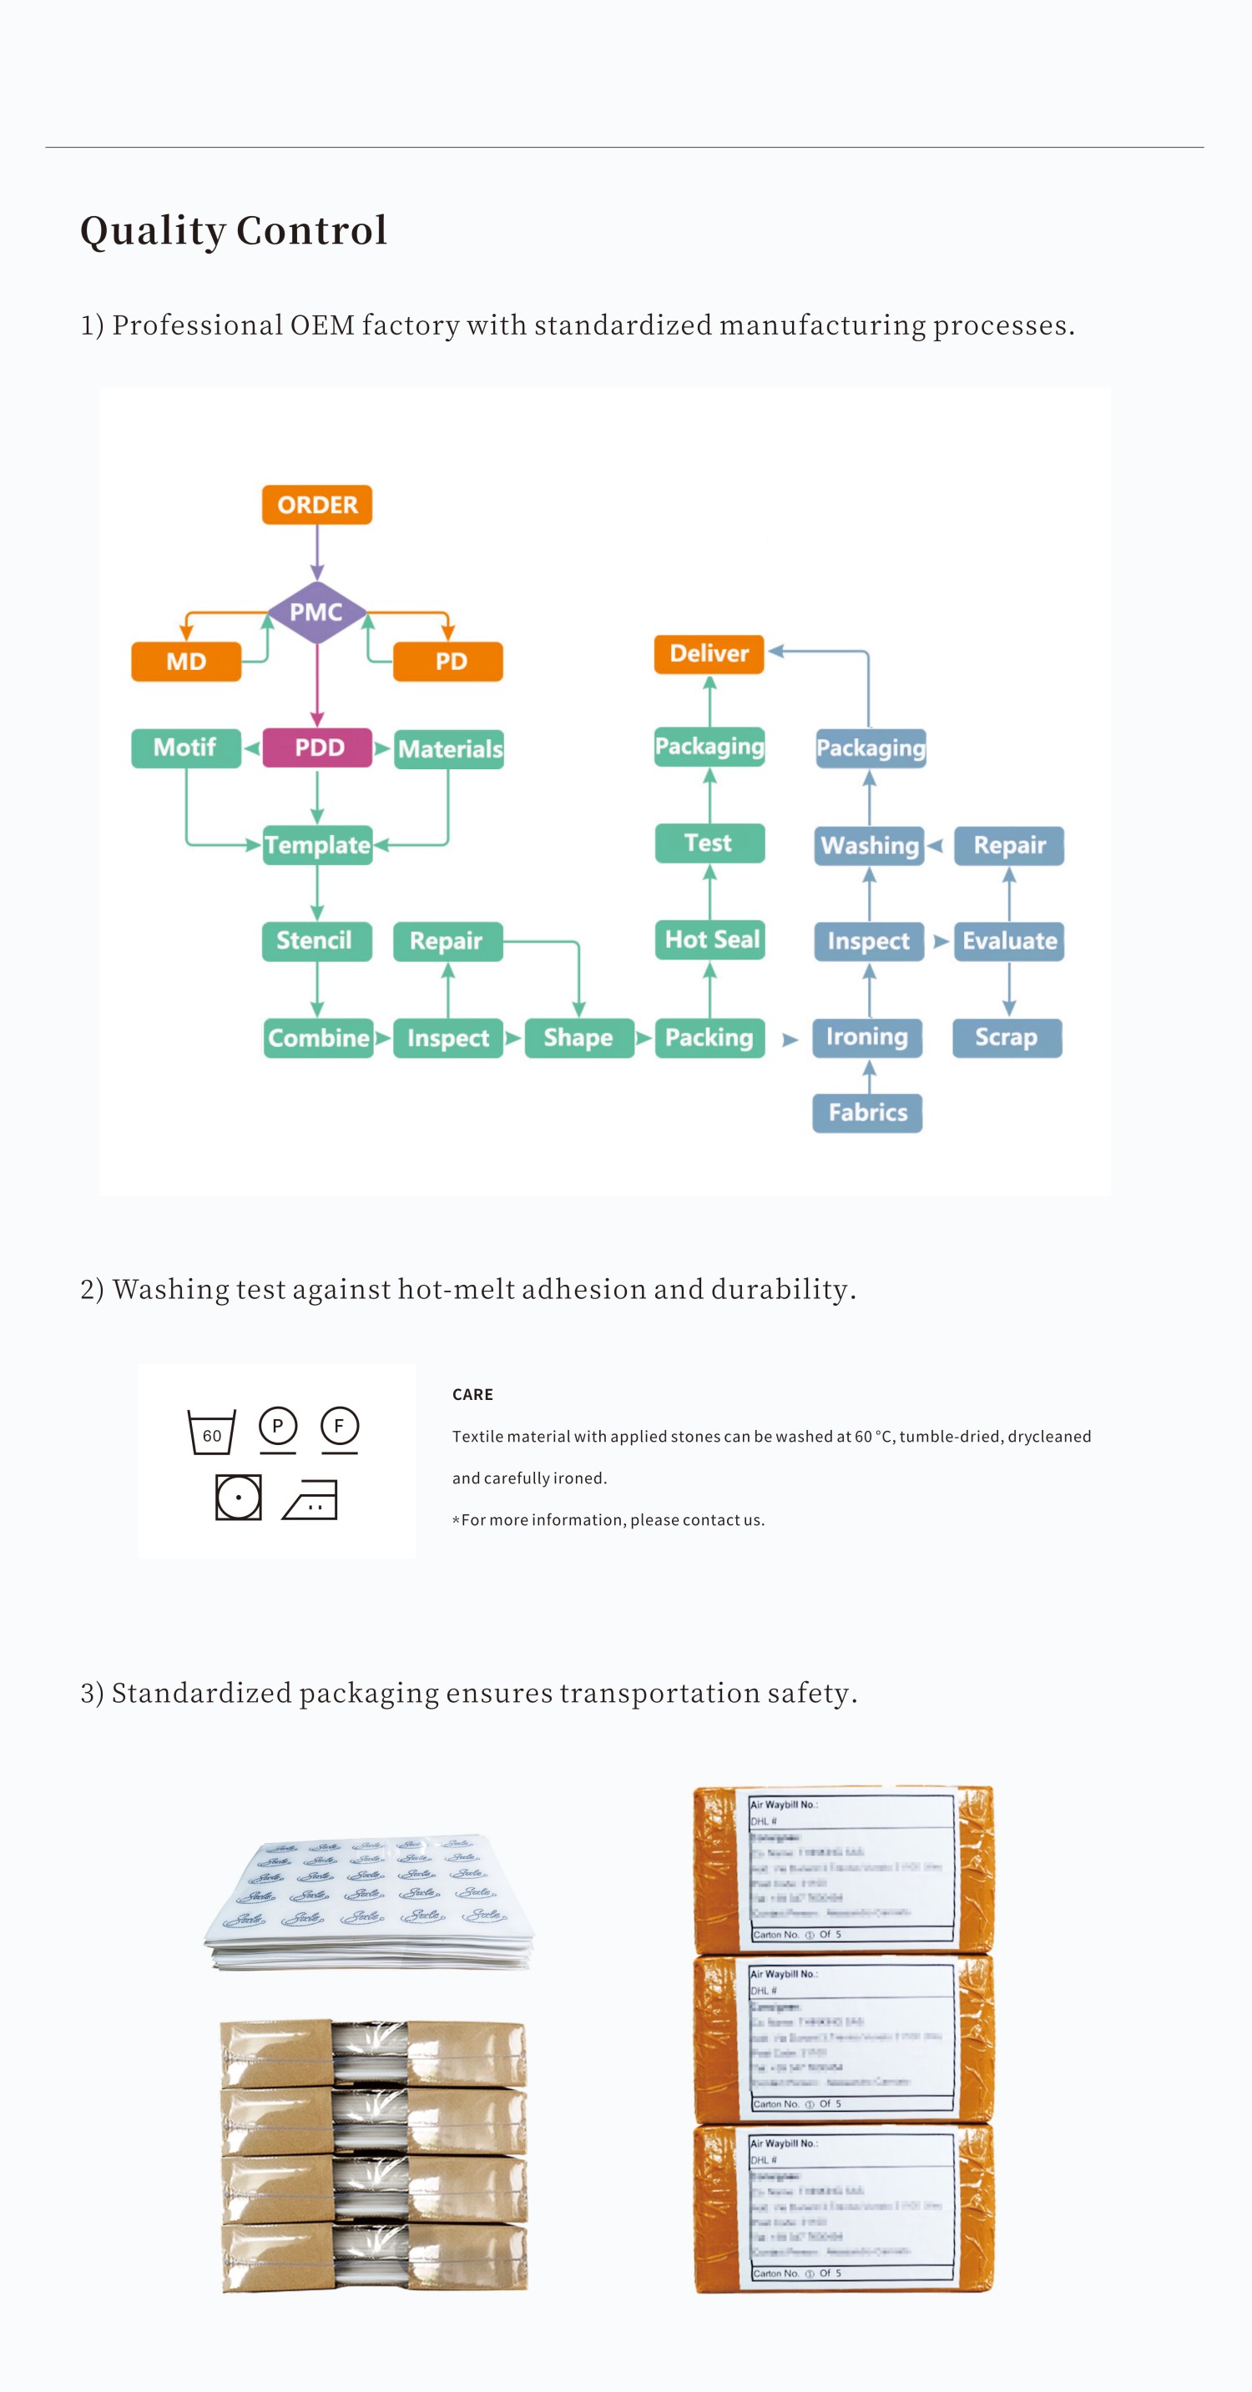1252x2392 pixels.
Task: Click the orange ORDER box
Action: coord(316,504)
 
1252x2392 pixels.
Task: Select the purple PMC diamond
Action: coord(316,612)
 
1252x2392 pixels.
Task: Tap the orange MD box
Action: coord(186,661)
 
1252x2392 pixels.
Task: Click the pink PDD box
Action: coord(318,748)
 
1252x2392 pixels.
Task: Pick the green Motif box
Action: coord(186,748)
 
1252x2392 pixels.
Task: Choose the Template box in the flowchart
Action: coord(318,845)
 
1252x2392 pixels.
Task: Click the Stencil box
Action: coord(316,940)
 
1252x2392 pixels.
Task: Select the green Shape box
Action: coord(578,1037)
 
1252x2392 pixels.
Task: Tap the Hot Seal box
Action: coord(710,939)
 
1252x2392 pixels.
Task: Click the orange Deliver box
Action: coord(709,654)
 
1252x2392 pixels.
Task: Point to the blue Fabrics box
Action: coord(867,1112)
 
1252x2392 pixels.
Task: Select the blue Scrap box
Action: coord(1007,1037)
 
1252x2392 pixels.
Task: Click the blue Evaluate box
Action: coord(1008,940)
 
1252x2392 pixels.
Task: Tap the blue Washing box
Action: coord(870,845)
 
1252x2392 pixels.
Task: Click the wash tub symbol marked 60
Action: coord(212,1432)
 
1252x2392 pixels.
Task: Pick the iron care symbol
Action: coord(310,1498)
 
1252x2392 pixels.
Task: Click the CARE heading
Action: coord(472,1394)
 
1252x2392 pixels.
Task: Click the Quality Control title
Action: coord(234,230)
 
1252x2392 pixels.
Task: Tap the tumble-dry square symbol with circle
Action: coord(239,1497)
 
